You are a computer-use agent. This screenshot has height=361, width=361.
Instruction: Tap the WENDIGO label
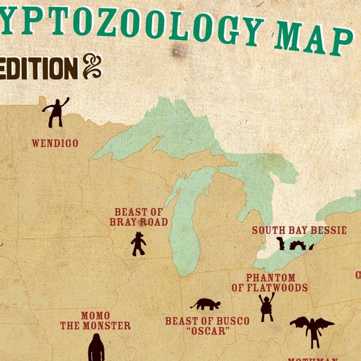point(55,143)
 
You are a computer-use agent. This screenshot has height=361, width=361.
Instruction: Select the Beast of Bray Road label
point(139,217)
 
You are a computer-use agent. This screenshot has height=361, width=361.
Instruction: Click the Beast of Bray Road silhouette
point(138,244)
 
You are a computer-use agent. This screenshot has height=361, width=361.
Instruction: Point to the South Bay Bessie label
point(299,230)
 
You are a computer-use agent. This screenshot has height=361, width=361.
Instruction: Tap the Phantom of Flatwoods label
point(270,282)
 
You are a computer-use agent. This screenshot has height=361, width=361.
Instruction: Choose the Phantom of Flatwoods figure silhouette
point(267,307)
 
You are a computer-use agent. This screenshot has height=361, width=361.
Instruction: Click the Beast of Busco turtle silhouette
point(206,304)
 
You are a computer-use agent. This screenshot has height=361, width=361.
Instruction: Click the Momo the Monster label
point(95,321)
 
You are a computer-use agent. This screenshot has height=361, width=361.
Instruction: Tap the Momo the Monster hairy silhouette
point(96,348)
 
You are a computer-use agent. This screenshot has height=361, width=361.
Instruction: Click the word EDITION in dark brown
point(39,68)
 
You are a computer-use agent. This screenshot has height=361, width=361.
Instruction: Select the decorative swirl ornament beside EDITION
point(92,67)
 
